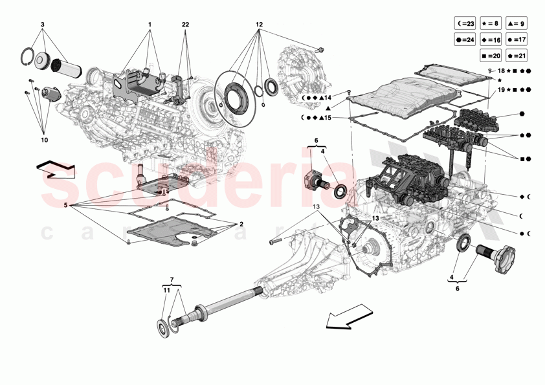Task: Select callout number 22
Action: point(186,25)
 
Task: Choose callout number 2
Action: point(241,224)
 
